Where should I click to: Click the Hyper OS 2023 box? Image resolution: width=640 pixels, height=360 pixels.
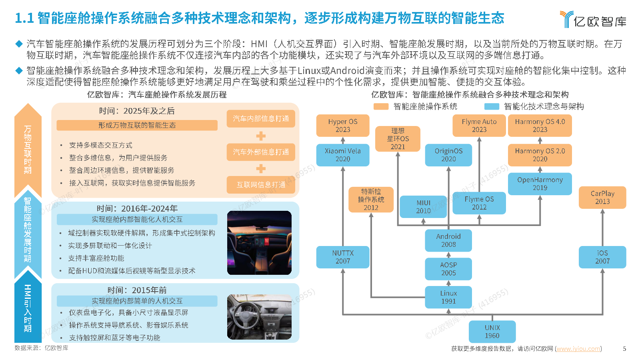pos(342,126)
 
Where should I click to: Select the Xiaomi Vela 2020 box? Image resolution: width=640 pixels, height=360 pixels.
pos(342,155)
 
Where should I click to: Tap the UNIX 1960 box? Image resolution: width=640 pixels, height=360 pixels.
pos(492,332)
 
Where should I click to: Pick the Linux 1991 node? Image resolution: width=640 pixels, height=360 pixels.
pos(448,297)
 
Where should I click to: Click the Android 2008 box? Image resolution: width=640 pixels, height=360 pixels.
pos(448,240)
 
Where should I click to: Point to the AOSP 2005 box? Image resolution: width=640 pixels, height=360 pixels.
pos(448,269)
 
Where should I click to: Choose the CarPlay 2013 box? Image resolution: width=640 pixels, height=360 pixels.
pos(602,198)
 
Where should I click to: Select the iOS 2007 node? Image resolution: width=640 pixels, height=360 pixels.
pos(602,257)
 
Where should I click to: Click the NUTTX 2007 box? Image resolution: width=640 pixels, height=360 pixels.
pos(342,257)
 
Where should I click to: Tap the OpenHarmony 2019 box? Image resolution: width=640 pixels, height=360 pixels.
pos(540,184)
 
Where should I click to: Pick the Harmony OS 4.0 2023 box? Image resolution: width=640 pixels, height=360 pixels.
pos(540,126)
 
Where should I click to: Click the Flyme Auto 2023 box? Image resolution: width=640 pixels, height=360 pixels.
pos(479,126)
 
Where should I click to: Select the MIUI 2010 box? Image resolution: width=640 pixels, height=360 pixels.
pos(423,206)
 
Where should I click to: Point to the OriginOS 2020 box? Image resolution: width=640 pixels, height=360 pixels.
pos(448,155)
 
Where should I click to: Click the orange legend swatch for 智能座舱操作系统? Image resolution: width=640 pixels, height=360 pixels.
pos(381,106)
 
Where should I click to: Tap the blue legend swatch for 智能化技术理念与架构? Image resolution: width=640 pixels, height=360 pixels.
pos(492,106)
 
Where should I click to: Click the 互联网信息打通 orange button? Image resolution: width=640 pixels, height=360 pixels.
pos(261,185)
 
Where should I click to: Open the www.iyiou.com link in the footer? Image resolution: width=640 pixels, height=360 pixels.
pos(578,348)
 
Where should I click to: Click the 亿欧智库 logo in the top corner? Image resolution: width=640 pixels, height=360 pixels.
pos(593,20)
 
